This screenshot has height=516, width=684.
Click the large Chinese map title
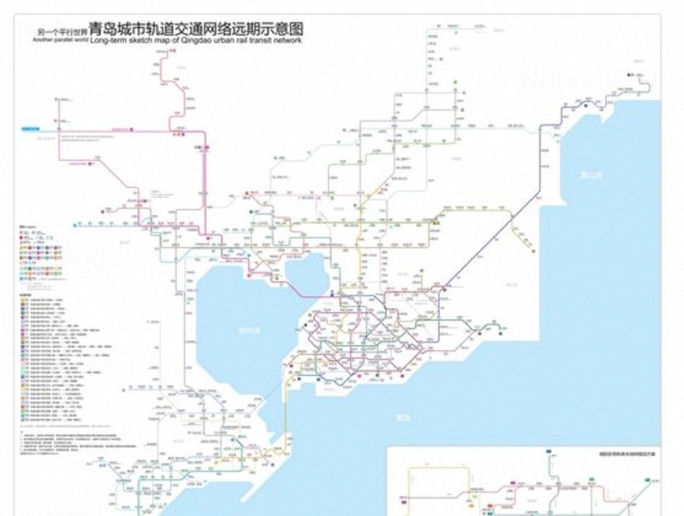196,28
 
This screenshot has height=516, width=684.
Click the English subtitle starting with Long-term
196,40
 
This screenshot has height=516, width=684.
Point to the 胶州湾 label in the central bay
249,329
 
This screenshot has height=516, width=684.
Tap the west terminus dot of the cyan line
75,225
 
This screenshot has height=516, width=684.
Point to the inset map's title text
620,455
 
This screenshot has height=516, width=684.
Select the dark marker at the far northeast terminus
630,75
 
